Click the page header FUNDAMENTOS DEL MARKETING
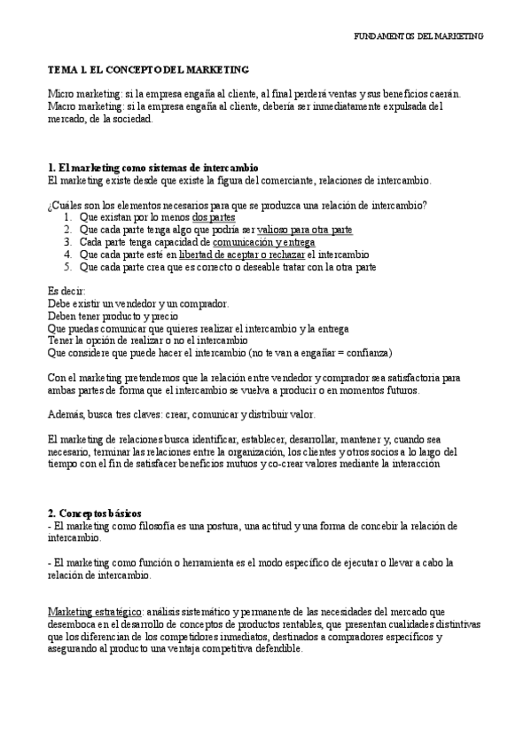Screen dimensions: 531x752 click(418, 36)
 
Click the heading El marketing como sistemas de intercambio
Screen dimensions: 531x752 click(152, 168)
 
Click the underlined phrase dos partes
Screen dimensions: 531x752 click(214, 216)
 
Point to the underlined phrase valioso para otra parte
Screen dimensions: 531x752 click(304, 229)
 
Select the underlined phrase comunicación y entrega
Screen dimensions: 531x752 click(263, 241)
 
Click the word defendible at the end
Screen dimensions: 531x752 click(274, 648)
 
